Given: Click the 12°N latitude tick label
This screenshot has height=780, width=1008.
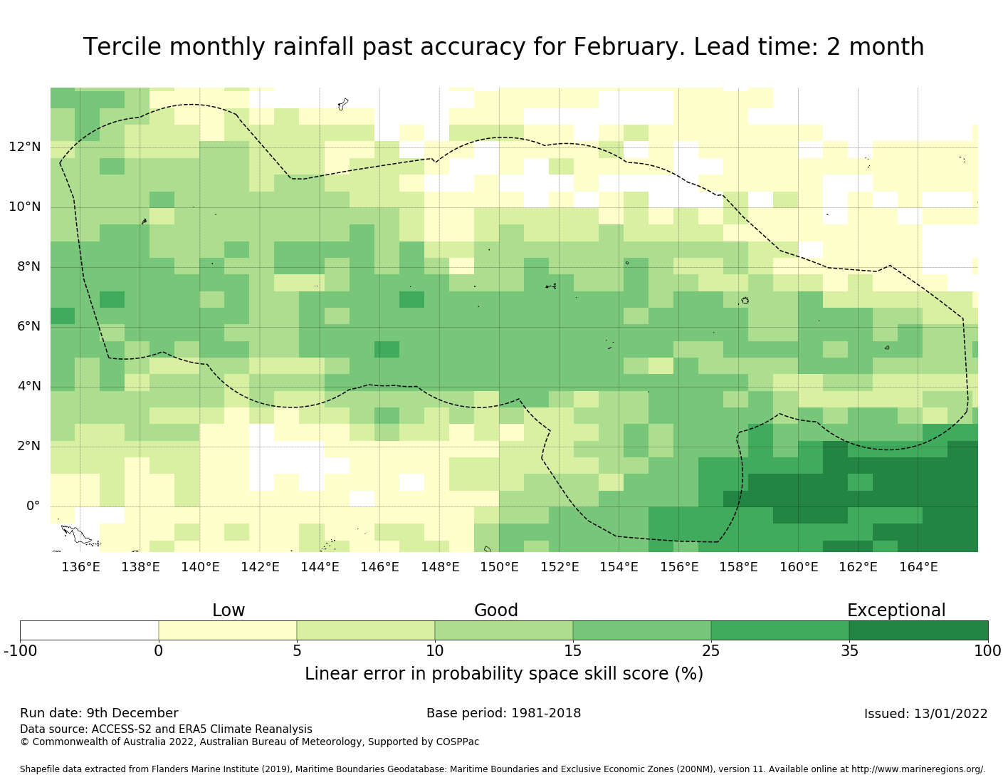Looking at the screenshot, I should (25, 147).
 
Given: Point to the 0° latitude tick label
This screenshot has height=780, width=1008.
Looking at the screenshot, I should (33, 506).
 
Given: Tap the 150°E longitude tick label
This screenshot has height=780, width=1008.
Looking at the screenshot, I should (499, 567).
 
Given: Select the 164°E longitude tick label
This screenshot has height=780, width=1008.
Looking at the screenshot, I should (918, 567).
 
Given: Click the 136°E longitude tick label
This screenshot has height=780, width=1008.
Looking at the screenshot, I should (80, 567).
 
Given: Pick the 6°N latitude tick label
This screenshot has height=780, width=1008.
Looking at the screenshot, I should (25, 327).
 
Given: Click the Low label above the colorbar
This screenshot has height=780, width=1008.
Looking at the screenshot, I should (229, 610).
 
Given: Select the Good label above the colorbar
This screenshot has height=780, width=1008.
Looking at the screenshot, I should (496, 610).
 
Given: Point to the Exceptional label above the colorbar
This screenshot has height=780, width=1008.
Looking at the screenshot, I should (896, 610).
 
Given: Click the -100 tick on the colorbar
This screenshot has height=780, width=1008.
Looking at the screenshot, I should (20, 650).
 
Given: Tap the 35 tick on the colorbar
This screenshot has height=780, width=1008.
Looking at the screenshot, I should (849, 650).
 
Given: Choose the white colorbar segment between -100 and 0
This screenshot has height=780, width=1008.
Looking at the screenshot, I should (89, 630).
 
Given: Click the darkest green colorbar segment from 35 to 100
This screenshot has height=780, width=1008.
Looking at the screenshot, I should (918, 630).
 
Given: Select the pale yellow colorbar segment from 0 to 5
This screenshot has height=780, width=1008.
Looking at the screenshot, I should (228, 630).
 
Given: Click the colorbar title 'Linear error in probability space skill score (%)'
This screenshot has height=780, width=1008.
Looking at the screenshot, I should (504, 674).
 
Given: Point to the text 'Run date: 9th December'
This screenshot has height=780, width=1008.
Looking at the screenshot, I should (99, 713).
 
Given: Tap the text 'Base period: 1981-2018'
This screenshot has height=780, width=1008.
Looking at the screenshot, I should (503, 713).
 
